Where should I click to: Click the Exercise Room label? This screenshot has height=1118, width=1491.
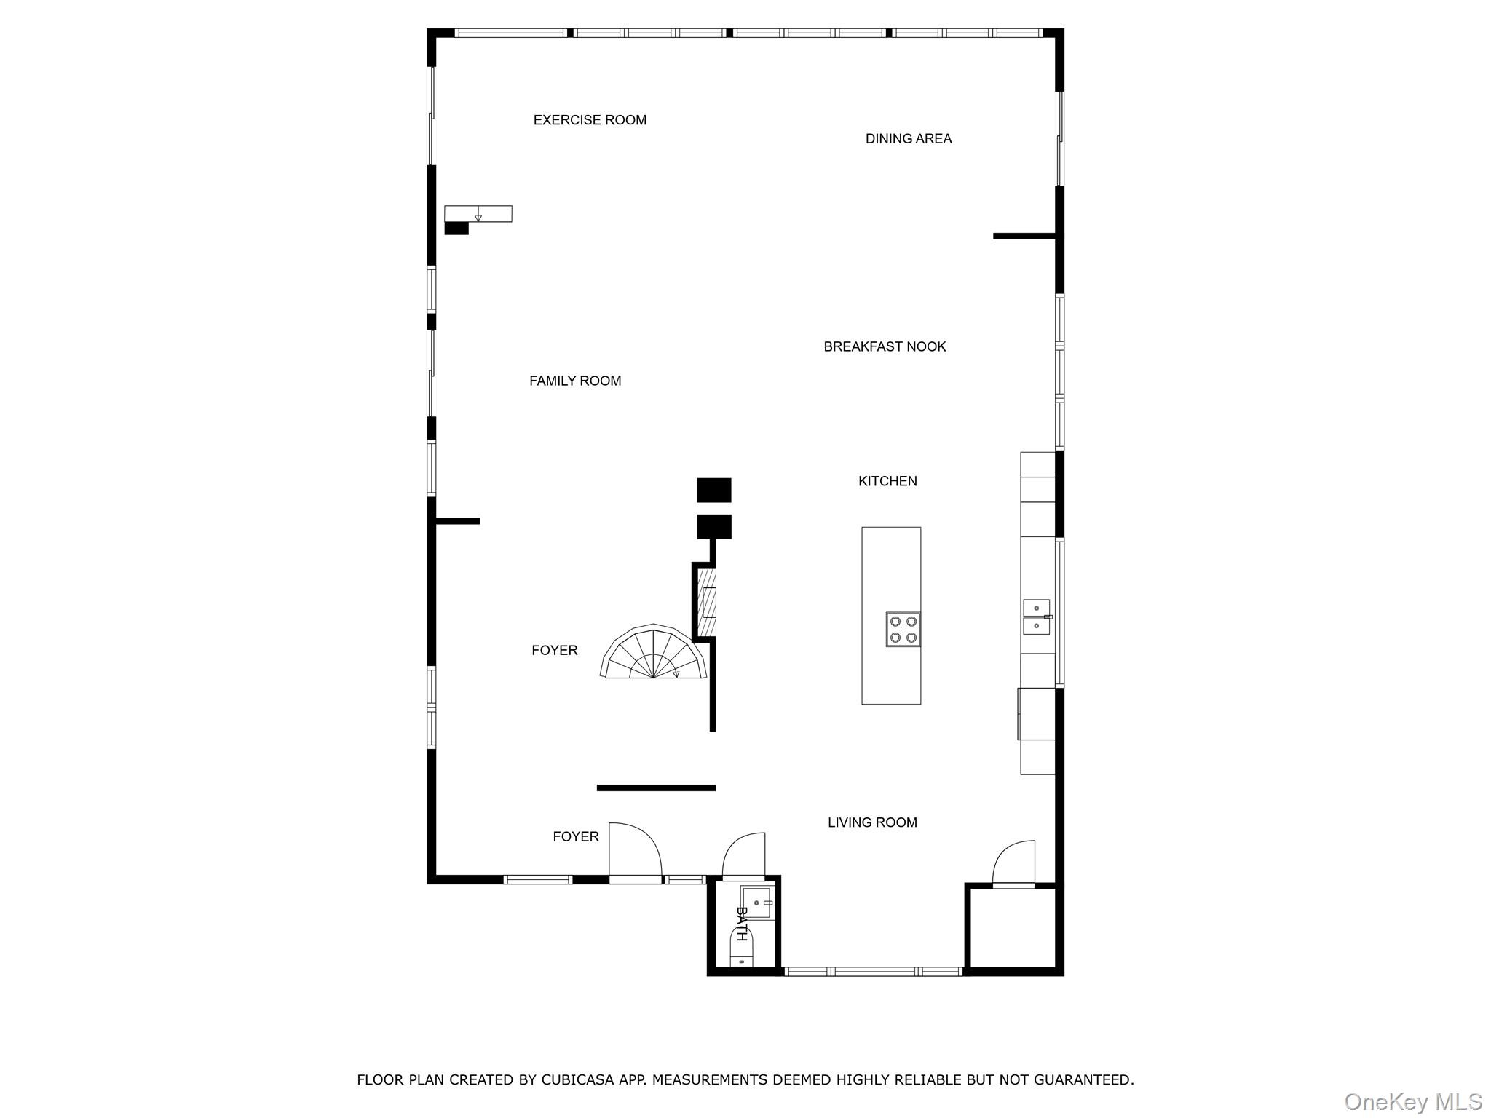click(x=590, y=120)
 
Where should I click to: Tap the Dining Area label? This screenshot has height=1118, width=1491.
click(x=908, y=138)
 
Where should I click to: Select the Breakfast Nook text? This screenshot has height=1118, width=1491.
click(x=885, y=346)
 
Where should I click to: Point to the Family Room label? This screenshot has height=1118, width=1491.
click(x=575, y=381)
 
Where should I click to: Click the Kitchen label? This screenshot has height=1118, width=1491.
click(x=887, y=481)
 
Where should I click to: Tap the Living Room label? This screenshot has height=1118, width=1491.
click(x=872, y=822)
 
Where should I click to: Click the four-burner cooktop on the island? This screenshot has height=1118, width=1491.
click(x=903, y=630)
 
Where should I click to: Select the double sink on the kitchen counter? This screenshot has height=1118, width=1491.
click(x=1037, y=617)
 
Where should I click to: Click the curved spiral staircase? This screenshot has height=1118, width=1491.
click(x=654, y=653)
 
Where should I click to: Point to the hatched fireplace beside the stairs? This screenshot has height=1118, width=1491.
click(x=706, y=602)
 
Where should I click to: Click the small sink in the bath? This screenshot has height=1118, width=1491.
click(x=757, y=903)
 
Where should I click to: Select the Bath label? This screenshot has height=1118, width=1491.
click(x=741, y=924)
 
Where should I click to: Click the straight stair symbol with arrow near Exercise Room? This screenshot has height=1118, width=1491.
click(x=478, y=214)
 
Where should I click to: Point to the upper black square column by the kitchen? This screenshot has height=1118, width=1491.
click(x=713, y=490)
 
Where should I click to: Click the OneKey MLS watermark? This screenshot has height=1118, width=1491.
click(x=1412, y=1101)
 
